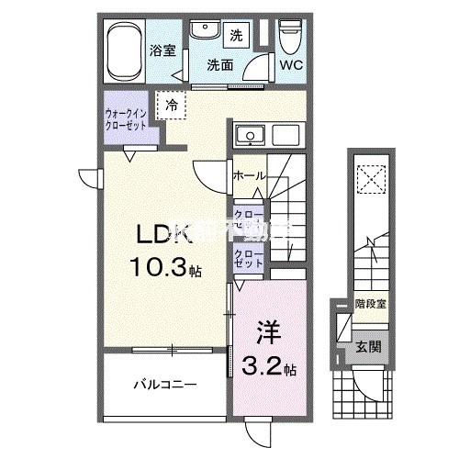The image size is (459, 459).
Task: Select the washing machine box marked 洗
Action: [236, 36]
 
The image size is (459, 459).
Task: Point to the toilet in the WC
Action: [291, 38]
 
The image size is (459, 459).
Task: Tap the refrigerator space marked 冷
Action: [173, 106]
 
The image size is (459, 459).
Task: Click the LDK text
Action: [163, 236]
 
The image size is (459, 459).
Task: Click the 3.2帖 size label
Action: [270, 369]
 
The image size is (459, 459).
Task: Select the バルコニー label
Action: [166, 385]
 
